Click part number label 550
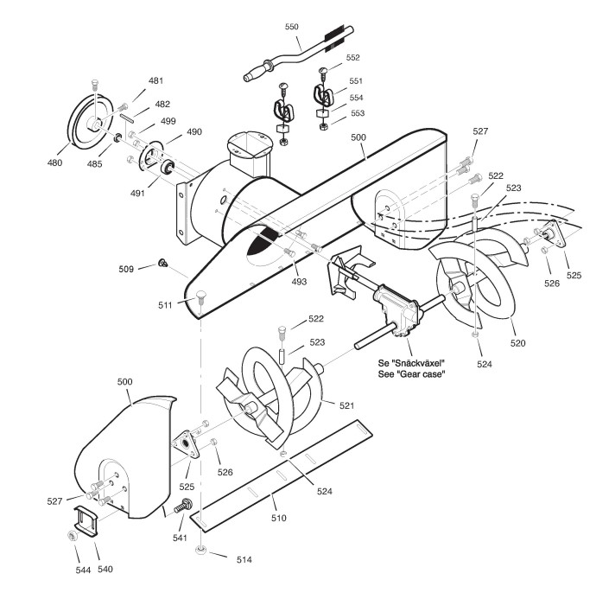click(x=292, y=27)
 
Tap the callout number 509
click(x=127, y=268)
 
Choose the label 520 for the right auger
click(x=516, y=343)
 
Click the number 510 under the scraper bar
click(x=279, y=518)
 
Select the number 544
click(x=60, y=570)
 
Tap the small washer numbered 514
click(x=201, y=550)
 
